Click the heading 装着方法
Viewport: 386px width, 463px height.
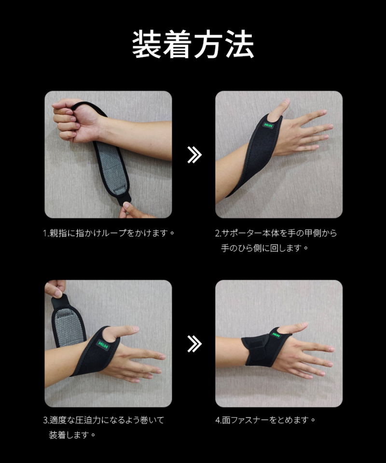coord(193,44)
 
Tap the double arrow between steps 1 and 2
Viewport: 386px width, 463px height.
coord(194,154)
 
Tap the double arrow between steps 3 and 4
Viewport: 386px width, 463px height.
coord(194,344)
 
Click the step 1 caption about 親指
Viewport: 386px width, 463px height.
coord(108,233)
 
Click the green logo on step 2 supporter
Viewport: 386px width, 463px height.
coord(267,125)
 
